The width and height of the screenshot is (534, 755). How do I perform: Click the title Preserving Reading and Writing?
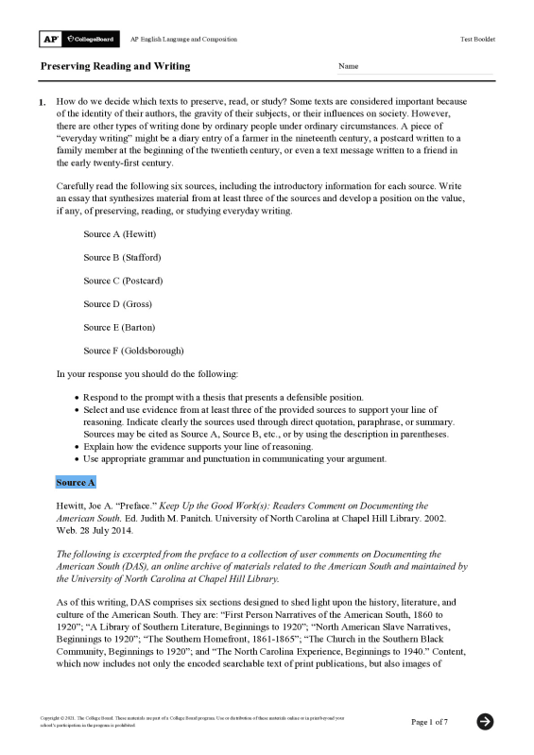coord(114,67)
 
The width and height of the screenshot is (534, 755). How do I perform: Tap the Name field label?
coord(349,67)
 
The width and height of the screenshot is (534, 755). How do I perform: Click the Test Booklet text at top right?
coord(477,39)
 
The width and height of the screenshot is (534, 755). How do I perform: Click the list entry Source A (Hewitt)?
coord(119,233)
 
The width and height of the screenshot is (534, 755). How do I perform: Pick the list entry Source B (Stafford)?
coord(122,257)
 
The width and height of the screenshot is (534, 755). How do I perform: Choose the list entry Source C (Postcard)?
coord(123,281)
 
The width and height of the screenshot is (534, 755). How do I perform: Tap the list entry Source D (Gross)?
coord(117,304)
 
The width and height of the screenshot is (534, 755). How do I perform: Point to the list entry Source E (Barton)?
coord(119,327)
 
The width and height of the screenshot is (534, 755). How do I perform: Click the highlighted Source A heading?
coord(76,483)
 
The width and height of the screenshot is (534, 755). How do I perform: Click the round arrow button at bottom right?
coord(485,722)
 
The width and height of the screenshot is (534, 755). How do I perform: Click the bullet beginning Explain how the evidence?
coord(198,446)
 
